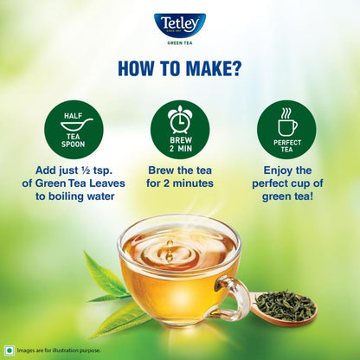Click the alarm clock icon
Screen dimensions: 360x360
(179, 117)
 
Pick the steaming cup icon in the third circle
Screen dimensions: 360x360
(286, 118)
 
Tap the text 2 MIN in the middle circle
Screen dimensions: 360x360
(179, 144)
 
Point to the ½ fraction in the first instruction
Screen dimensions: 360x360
(94, 170)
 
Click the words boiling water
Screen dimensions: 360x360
(88, 198)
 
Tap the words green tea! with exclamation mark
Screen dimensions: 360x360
(286, 198)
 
